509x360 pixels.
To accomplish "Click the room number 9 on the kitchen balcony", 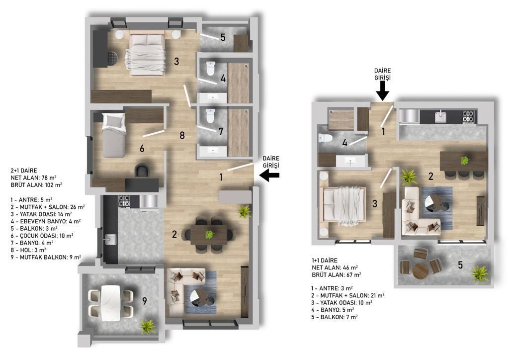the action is [x=145, y=301].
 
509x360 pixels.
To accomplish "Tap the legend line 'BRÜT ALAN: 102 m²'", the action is [x=36, y=185].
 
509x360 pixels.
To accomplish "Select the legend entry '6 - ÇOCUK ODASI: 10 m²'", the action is [x=42, y=236].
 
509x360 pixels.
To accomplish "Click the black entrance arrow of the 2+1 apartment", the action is [x=269, y=176].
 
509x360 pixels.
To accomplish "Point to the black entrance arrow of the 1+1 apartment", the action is [x=383, y=90].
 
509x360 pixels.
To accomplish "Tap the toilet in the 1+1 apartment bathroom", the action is [x=325, y=138].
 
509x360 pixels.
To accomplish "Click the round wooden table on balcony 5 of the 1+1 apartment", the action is [x=421, y=270].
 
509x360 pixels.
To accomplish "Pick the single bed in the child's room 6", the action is [x=114, y=135].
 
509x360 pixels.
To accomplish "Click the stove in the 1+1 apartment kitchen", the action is [x=468, y=116].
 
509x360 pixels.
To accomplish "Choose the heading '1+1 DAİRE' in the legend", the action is [x=324, y=261].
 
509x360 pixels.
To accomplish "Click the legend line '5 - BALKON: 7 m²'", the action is [x=335, y=317].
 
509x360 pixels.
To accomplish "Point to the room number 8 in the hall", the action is [x=182, y=135].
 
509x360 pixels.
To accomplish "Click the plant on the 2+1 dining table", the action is [x=209, y=234].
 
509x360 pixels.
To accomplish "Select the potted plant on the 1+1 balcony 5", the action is [x=480, y=273].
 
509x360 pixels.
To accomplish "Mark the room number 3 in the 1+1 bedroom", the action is [x=375, y=203].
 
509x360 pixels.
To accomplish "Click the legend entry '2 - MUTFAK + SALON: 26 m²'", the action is [x=48, y=207].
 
